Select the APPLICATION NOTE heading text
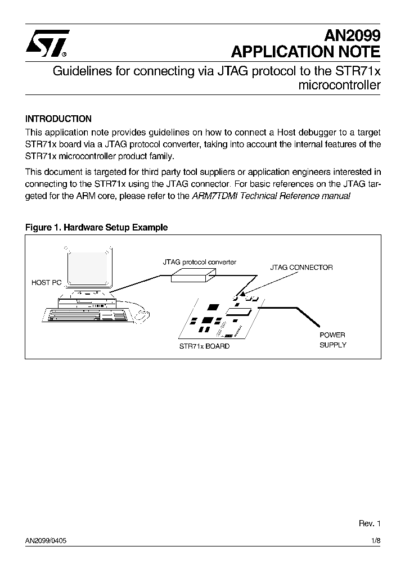pyautogui.click(x=306, y=53)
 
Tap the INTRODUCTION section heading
pyautogui.click(x=58, y=119)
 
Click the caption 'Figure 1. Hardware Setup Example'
pyautogui.click(x=97, y=227)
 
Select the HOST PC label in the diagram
pyautogui.click(x=46, y=283)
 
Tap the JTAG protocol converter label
pyautogui.click(x=200, y=262)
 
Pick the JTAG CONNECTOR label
pyautogui.click(x=301, y=268)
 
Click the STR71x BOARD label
pyautogui.click(x=204, y=346)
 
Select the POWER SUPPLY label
pyautogui.click(x=333, y=340)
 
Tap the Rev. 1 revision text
pyautogui.click(x=370, y=523)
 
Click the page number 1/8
pyautogui.click(x=376, y=540)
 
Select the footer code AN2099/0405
pyautogui.click(x=49, y=540)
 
